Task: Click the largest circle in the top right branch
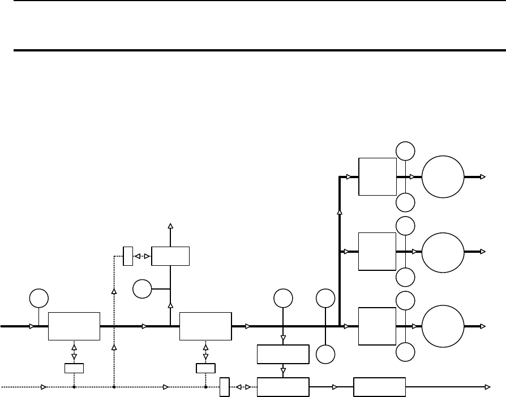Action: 443,176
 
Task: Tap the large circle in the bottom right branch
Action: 443,326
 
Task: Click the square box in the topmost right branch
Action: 378,176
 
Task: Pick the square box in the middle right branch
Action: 378,251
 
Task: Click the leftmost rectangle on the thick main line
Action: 74,326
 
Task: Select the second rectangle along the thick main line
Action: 205,326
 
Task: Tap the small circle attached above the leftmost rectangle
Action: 38,297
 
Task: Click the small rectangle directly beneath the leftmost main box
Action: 74,369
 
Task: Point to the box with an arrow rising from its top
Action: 170,256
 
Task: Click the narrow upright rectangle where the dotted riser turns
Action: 127,256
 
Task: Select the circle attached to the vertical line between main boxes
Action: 141,290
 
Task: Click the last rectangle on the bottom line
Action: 380,387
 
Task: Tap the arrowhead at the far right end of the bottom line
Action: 488,387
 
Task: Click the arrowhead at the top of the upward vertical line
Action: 170,226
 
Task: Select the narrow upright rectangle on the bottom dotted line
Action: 224,387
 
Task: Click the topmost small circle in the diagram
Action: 405,150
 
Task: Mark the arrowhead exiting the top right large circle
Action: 482,176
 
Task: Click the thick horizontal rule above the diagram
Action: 253,50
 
